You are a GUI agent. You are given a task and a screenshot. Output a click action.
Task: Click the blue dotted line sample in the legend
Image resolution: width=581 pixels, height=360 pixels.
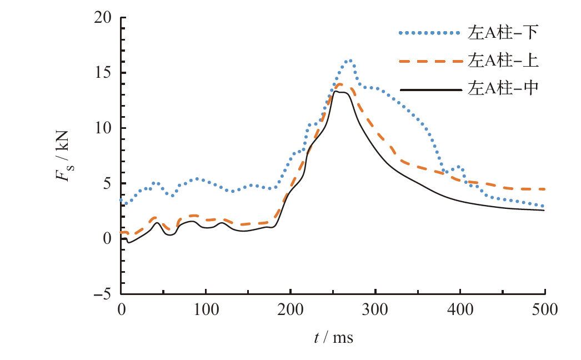[429, 33]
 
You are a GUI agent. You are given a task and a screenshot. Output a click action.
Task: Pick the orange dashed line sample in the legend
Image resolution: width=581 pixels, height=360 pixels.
[429, 61]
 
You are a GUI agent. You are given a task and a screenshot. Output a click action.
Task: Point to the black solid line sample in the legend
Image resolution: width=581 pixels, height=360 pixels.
[429, 88]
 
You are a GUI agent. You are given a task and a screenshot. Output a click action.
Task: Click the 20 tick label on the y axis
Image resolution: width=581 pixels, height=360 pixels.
[103, 18]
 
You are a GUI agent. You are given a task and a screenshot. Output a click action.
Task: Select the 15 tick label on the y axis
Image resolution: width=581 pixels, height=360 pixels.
[103, 73]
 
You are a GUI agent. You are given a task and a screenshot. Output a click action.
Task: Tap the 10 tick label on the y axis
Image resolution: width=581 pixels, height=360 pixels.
[103, 128]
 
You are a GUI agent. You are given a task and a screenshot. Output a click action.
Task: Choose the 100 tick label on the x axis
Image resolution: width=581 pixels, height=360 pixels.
[206, 310]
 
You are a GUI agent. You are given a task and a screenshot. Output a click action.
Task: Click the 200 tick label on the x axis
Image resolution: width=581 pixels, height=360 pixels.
[291, 310]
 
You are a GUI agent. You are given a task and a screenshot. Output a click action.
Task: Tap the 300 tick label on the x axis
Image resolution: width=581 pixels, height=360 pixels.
[376, 310]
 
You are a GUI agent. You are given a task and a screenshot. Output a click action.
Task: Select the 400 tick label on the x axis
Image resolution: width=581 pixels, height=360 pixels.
[460, 310]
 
